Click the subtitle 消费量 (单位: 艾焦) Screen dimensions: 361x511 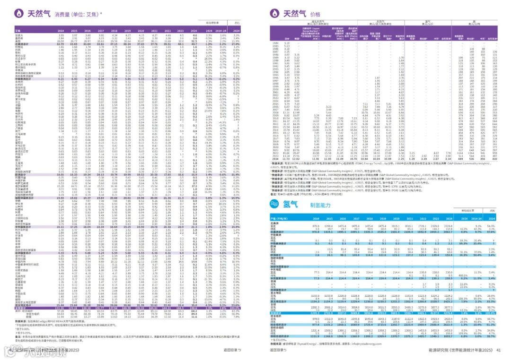click(x=77, y=15)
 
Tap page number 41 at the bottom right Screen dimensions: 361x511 click(x=498, y=350)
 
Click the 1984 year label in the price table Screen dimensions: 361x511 click(x=275, y=43)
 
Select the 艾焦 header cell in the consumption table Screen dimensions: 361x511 click(x=18, y=30)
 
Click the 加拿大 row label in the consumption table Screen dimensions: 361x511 click(x=18, y=35)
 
